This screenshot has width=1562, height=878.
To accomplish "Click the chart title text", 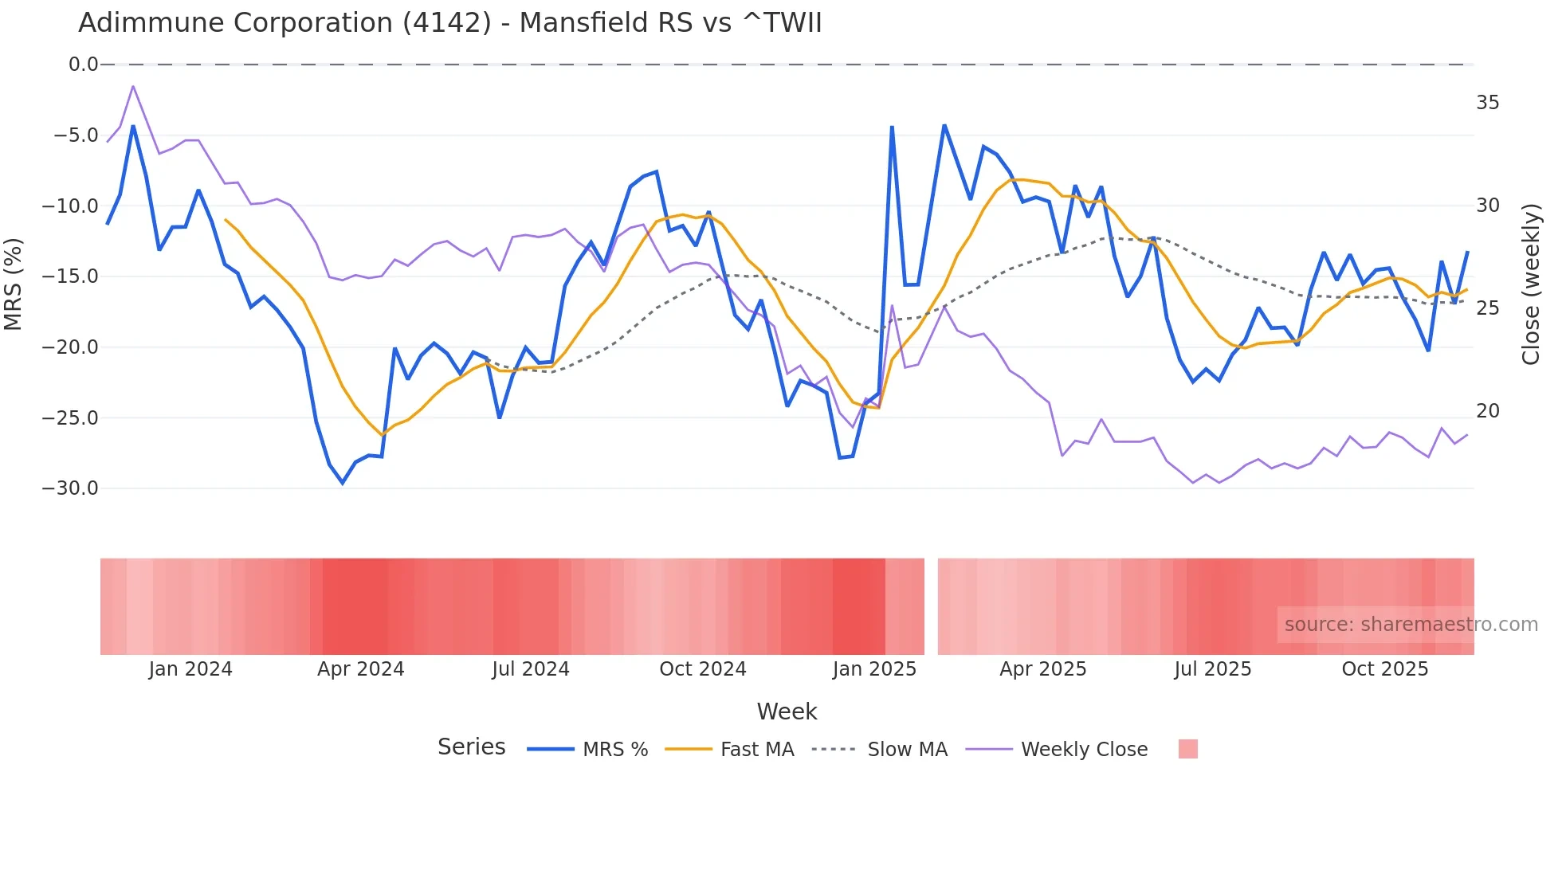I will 449,22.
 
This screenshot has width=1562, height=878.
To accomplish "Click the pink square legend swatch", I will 1187,749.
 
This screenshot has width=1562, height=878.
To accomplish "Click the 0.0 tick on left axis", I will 83,65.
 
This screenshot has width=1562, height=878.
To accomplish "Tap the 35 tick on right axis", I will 1487,103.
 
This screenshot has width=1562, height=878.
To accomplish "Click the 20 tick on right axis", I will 1487,411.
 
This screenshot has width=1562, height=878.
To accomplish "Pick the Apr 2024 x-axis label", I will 360,669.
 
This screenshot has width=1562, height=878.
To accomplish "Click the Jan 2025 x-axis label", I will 874,669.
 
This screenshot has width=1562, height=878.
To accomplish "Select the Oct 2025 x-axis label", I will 1384,669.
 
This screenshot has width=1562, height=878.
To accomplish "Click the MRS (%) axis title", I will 14,284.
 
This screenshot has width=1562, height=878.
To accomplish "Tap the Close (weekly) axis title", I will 1530,284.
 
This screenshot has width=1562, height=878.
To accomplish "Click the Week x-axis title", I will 787,711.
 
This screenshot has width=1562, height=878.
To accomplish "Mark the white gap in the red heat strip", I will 931,606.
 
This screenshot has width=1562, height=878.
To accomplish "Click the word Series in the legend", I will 471,747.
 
